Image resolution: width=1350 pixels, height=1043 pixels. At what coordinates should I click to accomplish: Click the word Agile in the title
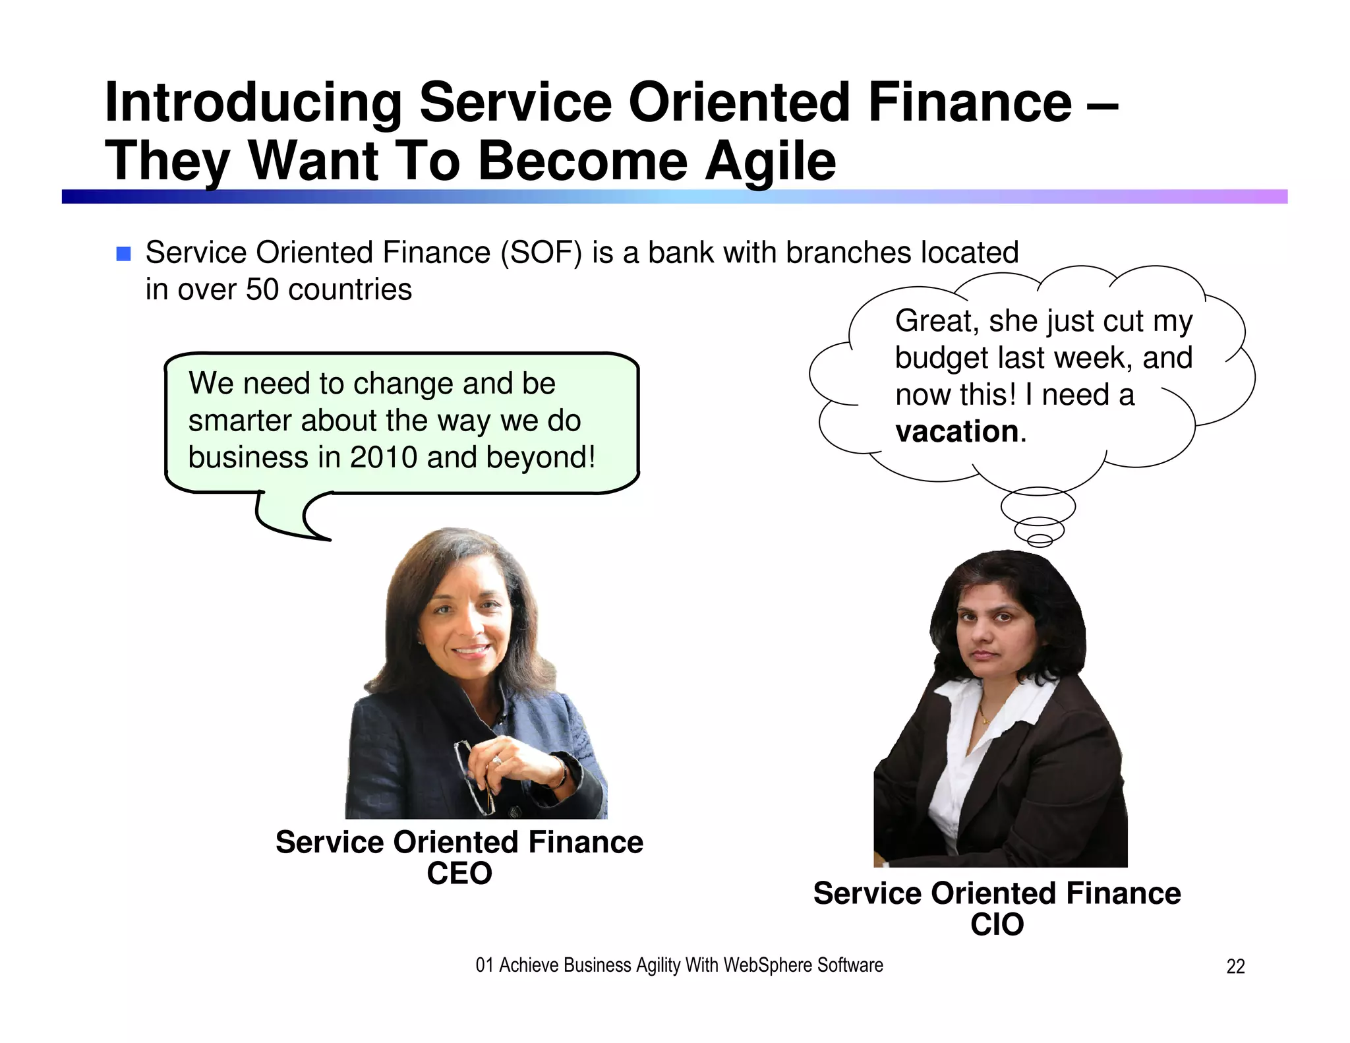(770, 162)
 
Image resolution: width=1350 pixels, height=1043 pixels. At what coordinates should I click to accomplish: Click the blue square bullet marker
(123, 254)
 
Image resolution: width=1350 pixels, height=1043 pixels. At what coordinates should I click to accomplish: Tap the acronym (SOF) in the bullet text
(541, 253)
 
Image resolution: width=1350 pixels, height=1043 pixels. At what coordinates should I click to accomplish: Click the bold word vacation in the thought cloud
(957, 432)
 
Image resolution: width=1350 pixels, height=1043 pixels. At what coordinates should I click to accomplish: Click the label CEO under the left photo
(459, 874)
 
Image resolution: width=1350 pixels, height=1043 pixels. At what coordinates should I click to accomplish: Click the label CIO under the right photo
(997, 924)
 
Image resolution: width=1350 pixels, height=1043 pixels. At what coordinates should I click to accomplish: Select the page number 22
(1235, 967)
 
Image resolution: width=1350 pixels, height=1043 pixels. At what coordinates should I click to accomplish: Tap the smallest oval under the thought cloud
(1040, 541)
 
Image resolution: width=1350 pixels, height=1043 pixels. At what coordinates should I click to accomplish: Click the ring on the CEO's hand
(496, 761)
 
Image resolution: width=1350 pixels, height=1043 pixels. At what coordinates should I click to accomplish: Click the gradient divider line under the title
(674, 196)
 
